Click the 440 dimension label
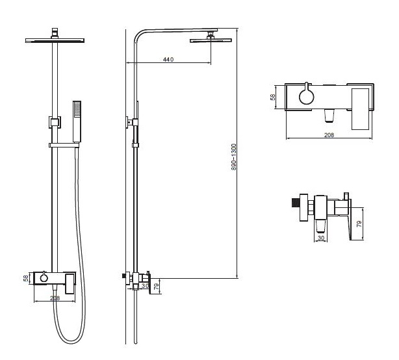click(168, 59)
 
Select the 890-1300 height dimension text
click(234, 157)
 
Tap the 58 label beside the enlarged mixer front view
click(272, 97)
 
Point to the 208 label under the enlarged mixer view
click(329, 135)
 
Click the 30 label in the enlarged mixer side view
click(321, 238)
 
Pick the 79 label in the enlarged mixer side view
click(359, 224)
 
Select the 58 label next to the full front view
click(26, 278)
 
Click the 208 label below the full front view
click(55, 298)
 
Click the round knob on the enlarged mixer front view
click(306, 97)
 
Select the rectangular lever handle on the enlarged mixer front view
click(360, 109)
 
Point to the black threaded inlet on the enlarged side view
click(296, 203)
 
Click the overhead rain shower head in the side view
click(211, 40)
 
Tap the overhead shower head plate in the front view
click(55, 40)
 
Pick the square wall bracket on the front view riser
click(55, 122)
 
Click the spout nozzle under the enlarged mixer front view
click(329, 116)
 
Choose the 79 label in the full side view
click(157, 286)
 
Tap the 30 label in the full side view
click(145, 286)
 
